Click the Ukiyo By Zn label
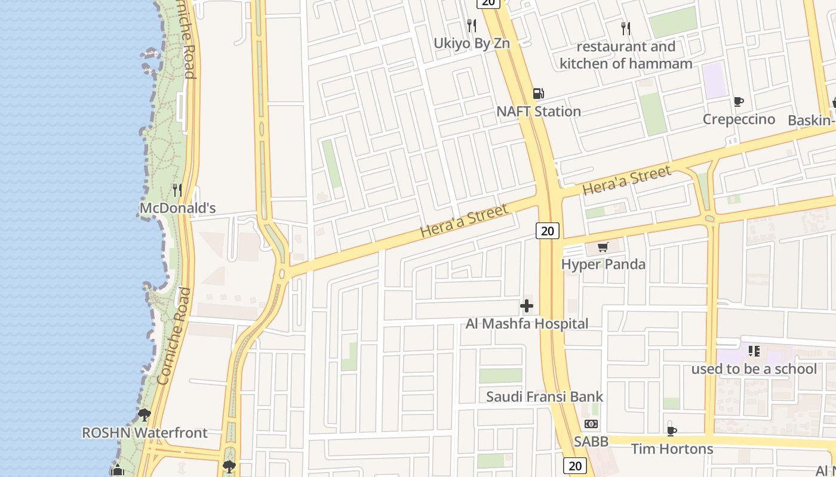point(472,43)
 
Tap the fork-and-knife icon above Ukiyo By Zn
point(472,25)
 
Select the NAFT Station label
point(539,111)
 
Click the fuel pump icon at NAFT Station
point(538,94)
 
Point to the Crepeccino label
point(739,119)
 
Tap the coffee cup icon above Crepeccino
point(739,101)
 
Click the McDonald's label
point(177,208)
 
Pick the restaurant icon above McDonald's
point(177,190)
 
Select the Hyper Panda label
point(603,264)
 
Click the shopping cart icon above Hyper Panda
point(603,247)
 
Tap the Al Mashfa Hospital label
point(527,324)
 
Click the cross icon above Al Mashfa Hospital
point(527,306)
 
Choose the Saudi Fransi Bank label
point(545,397)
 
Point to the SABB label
point(591,442)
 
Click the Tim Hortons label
point(672,449)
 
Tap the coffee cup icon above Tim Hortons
point(672,431)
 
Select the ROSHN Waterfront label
point(145,433)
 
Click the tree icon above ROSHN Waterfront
point(144,415)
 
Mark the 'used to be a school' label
point(754,369)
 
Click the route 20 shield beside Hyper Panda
point(547,231)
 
